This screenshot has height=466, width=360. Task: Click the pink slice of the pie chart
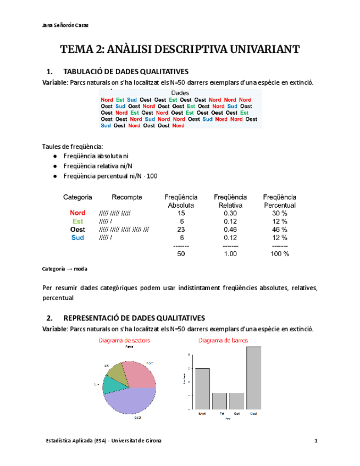(x=137, y=374)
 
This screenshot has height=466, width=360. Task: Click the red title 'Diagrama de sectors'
(x=124, y=341)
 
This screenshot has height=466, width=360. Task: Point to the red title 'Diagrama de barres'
(x=223, y=341)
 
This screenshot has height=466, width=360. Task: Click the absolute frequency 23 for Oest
(x=181, y=229)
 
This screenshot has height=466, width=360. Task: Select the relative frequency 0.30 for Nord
(x=230, y=213)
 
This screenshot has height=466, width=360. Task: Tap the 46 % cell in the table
(x=279, y=229)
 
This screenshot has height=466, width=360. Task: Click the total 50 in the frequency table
(x=181, y=254)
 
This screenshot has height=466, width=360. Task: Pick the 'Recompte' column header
(x=127, y=197)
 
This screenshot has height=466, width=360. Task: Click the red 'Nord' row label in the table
(x=77, y=213)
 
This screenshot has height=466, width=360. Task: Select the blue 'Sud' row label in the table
(x=77, y=237)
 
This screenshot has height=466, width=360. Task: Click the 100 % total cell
(x=279, y=254)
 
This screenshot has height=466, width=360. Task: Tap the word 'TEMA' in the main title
(x=76, y=49)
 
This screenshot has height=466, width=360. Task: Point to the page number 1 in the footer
(x=316, y=441)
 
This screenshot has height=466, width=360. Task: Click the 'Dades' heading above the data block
(x=180, y=93)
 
